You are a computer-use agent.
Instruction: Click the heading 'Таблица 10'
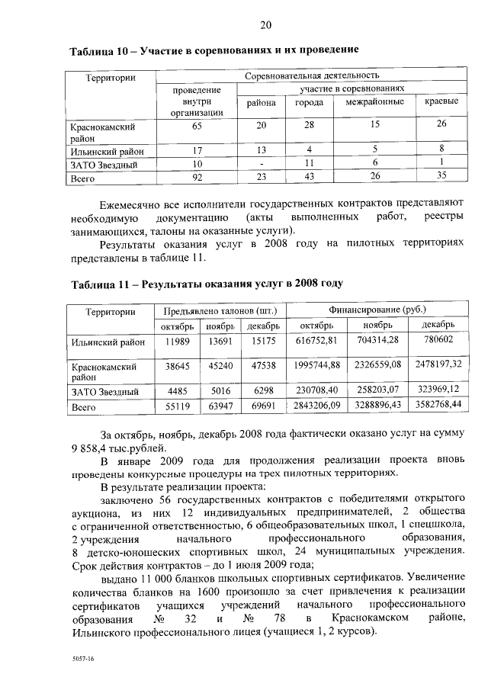pos(101,50)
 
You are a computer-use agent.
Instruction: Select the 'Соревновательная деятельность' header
pos(312,76)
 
